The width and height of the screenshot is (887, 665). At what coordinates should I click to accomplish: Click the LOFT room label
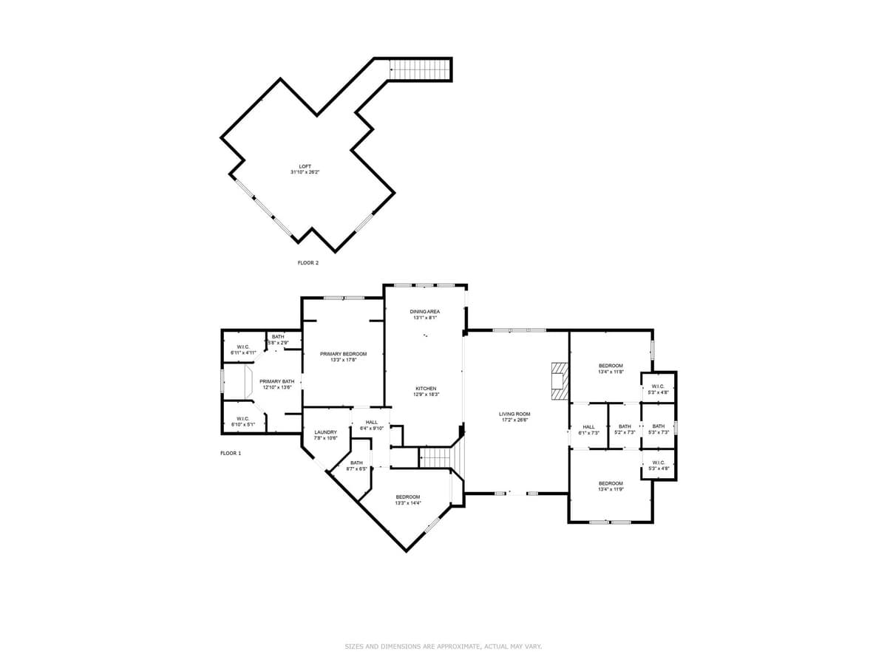coord(305,166)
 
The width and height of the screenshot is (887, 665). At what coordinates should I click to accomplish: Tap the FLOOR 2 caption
coord(308,262)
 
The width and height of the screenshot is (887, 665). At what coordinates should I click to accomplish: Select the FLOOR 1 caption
coord(231,453)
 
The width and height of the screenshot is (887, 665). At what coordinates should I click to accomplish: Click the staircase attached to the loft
coord(420,69)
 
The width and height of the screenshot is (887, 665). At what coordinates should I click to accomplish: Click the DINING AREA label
coord(425,312)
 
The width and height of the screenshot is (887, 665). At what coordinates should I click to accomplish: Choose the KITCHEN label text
coord(426,389)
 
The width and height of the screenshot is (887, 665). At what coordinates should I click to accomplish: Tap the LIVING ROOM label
coord(514,414)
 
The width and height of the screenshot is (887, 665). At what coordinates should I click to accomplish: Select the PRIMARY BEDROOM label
coord(343,354)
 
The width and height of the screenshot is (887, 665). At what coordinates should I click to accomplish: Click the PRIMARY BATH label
coord(277,381)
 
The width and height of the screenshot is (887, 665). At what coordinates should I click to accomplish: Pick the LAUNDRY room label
coord(325,432)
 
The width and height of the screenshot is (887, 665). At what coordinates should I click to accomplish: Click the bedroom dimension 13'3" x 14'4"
coord(407,503)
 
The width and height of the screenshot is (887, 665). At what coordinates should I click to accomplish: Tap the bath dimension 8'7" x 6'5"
coord(356,468)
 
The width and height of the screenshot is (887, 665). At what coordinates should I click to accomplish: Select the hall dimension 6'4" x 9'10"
coord(371,428)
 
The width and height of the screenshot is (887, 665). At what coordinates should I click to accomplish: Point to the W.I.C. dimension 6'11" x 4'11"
coord(243,352)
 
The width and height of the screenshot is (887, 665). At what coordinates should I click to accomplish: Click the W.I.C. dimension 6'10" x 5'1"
coord(242,424)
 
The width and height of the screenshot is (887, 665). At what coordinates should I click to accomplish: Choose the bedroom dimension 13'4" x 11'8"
coord(611,372)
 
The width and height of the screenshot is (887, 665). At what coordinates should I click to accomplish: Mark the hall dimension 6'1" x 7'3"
coord(588,432)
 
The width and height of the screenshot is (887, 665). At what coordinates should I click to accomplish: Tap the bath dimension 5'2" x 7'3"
coord(625,432)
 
